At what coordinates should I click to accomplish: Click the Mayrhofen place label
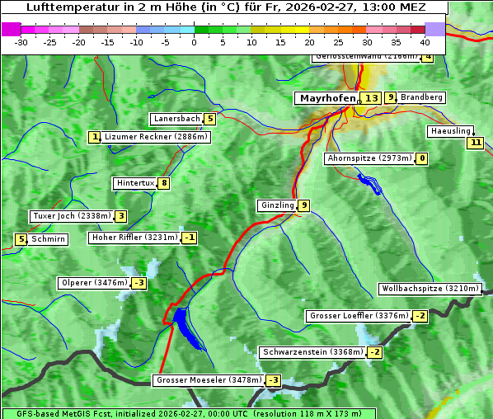(325, 98)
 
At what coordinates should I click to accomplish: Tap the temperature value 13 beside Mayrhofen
(372, 98)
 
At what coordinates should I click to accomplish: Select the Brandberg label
(421, 97)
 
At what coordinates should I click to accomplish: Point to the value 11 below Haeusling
(474, 143)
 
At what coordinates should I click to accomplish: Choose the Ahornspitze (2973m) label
(369, 158)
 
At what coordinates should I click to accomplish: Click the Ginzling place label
(276, 205)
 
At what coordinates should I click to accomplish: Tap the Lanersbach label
(176, 119)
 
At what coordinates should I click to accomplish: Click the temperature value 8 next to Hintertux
(164, 183)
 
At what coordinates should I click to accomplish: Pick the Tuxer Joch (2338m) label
(71, 216)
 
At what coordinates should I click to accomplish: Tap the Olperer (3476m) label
(94, 283)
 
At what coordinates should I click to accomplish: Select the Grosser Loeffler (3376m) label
(358, 316)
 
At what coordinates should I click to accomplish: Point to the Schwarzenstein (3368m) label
(312, 352)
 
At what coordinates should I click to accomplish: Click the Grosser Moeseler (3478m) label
(208, 380)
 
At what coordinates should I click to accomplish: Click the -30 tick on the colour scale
(21, 41)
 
